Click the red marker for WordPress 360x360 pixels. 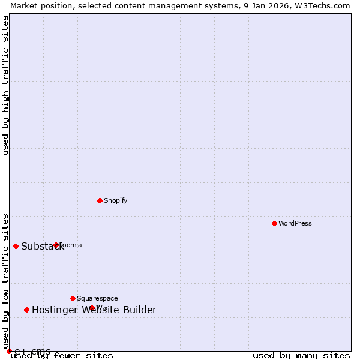274,223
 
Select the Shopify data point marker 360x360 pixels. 100,200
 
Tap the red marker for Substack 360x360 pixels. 16,246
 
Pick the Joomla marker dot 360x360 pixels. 56,245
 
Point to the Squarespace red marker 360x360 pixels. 73,298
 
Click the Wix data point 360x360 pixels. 92,308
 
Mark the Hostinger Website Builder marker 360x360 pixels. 26,310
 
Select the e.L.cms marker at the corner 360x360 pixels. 9,351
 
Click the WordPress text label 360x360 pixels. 295,223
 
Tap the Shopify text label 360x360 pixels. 115,200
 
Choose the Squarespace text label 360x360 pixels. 97,298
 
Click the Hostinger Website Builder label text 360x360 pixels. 94,310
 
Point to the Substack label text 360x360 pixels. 42,247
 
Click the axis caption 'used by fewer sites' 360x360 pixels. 62,355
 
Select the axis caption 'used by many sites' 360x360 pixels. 301,355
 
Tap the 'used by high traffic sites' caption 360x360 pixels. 5,85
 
